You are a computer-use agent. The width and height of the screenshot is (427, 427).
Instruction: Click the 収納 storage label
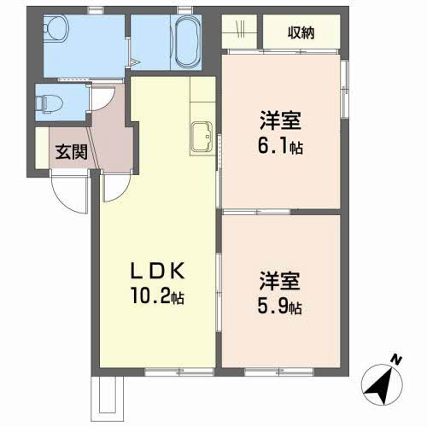(301, 33)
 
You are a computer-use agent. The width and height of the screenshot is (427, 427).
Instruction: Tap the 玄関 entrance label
(72, 152)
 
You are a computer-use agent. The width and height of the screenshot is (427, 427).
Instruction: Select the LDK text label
(158, 271)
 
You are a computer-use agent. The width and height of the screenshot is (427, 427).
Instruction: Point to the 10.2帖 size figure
(157, 296)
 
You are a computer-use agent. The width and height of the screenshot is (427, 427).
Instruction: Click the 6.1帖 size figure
(280, 146)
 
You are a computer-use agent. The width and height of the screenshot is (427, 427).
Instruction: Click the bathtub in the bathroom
(187, 42)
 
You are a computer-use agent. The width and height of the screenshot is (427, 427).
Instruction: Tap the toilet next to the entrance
(50, 103)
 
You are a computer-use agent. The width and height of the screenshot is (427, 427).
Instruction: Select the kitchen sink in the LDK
(202, 137)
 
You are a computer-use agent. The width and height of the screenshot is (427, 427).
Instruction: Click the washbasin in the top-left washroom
(56, 27)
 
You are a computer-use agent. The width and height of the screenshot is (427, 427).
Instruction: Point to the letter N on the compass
(396, 360)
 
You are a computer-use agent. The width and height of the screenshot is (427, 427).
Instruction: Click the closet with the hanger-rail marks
(239, 32)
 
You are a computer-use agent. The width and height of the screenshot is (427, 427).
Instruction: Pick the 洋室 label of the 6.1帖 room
(280, 120)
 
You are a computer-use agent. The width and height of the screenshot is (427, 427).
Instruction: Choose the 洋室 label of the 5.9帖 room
(279, 281)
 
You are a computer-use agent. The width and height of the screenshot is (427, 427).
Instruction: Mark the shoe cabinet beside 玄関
(42, 148)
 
